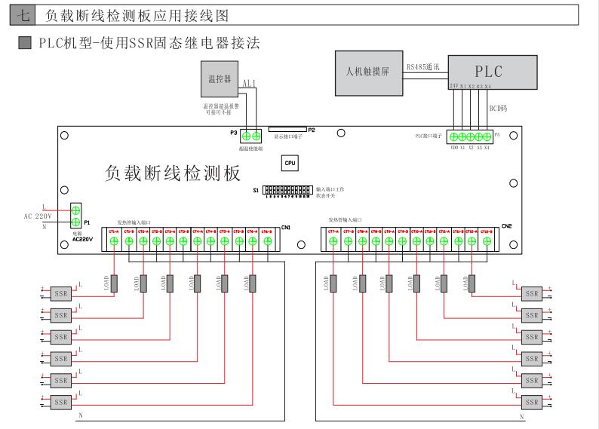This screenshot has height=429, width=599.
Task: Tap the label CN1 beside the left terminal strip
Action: pyautogui.click(x=286, y=227)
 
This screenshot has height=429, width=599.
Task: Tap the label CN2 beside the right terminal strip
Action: pyautogui.click(x=507, y=226)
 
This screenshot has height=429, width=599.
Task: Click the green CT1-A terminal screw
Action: pyautogui.click(x=115, y=241)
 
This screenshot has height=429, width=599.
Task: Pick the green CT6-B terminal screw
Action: pyautogui.click(x=266, y=241)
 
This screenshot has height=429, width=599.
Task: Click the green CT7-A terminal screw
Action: pyautogui.click(x=334, y=241)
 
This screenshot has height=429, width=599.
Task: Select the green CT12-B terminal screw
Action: pyautogui.click(x=486, y=241)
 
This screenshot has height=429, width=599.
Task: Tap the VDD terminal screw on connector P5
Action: pyautogui.click(x=453, y=136)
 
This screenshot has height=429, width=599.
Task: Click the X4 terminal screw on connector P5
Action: pyautogui.click(x=487, y=136)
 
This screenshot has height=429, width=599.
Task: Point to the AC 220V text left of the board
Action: pyautogui.click(x=36, y=216)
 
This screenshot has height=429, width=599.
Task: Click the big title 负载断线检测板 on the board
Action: pyautogui.click(x=172, y=173)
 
